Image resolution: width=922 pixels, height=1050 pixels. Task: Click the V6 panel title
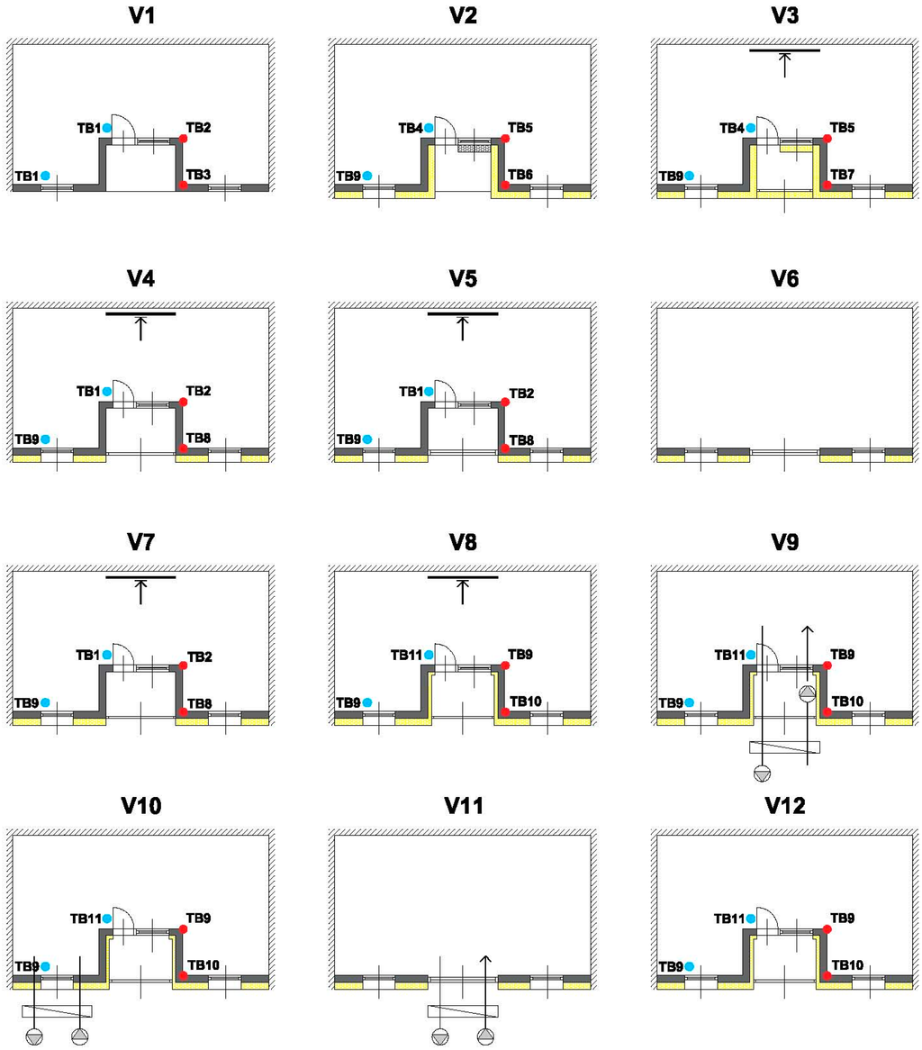(x=784, y=278)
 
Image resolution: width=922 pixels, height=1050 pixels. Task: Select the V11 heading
(x=463, y=805)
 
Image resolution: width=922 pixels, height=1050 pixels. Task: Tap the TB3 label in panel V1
(x=199, y=174)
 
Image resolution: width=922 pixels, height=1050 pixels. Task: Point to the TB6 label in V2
(x=521, y=174)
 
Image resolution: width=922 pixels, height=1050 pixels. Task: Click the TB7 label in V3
(x=843, y=174)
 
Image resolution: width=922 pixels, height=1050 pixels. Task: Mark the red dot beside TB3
(x=183, y=185)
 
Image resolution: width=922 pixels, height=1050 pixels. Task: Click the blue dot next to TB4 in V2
(x=429, y=128)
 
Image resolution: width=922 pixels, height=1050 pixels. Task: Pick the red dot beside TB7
(x=827, y=185)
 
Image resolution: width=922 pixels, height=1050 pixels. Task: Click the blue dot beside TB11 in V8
(x=429, y=654)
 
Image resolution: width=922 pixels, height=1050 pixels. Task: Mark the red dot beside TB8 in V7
(x=183, y=711)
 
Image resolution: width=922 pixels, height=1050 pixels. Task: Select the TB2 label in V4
(x=199, y=391)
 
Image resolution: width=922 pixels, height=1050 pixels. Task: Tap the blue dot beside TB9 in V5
(x=367, y=439)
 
